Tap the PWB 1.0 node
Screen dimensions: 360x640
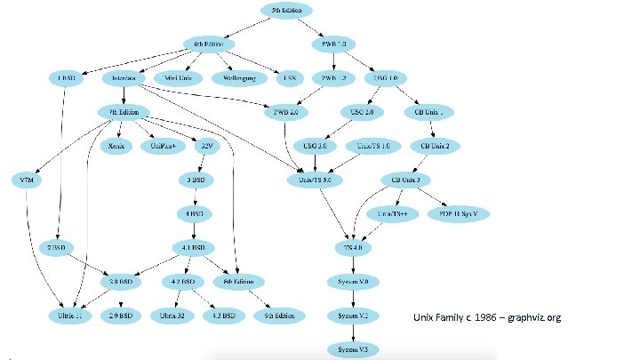pyautogui.click(x=335, y=44)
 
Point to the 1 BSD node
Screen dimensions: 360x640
pyautogui.click(x=66, y=78)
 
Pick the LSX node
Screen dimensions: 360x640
pyautogui.click(x=289, y=78)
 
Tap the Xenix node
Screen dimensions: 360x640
pyautogui.click(x=116, y=146)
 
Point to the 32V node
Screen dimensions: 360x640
pyautogui.click(x=207, y=146)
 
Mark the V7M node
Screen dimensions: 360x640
pyautogui.click(x=27, y=180)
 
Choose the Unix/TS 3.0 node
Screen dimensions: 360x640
pyautogui.click(x=316, y=180)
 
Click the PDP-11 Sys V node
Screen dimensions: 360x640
pyautogui.click(x=459, y=214)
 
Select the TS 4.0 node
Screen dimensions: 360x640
pyautogui.click(x=354, y=247)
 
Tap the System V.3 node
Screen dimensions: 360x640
pyautogui.click(x=354, y=349)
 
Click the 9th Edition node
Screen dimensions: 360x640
pyautogui.click(x=278, y=316)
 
